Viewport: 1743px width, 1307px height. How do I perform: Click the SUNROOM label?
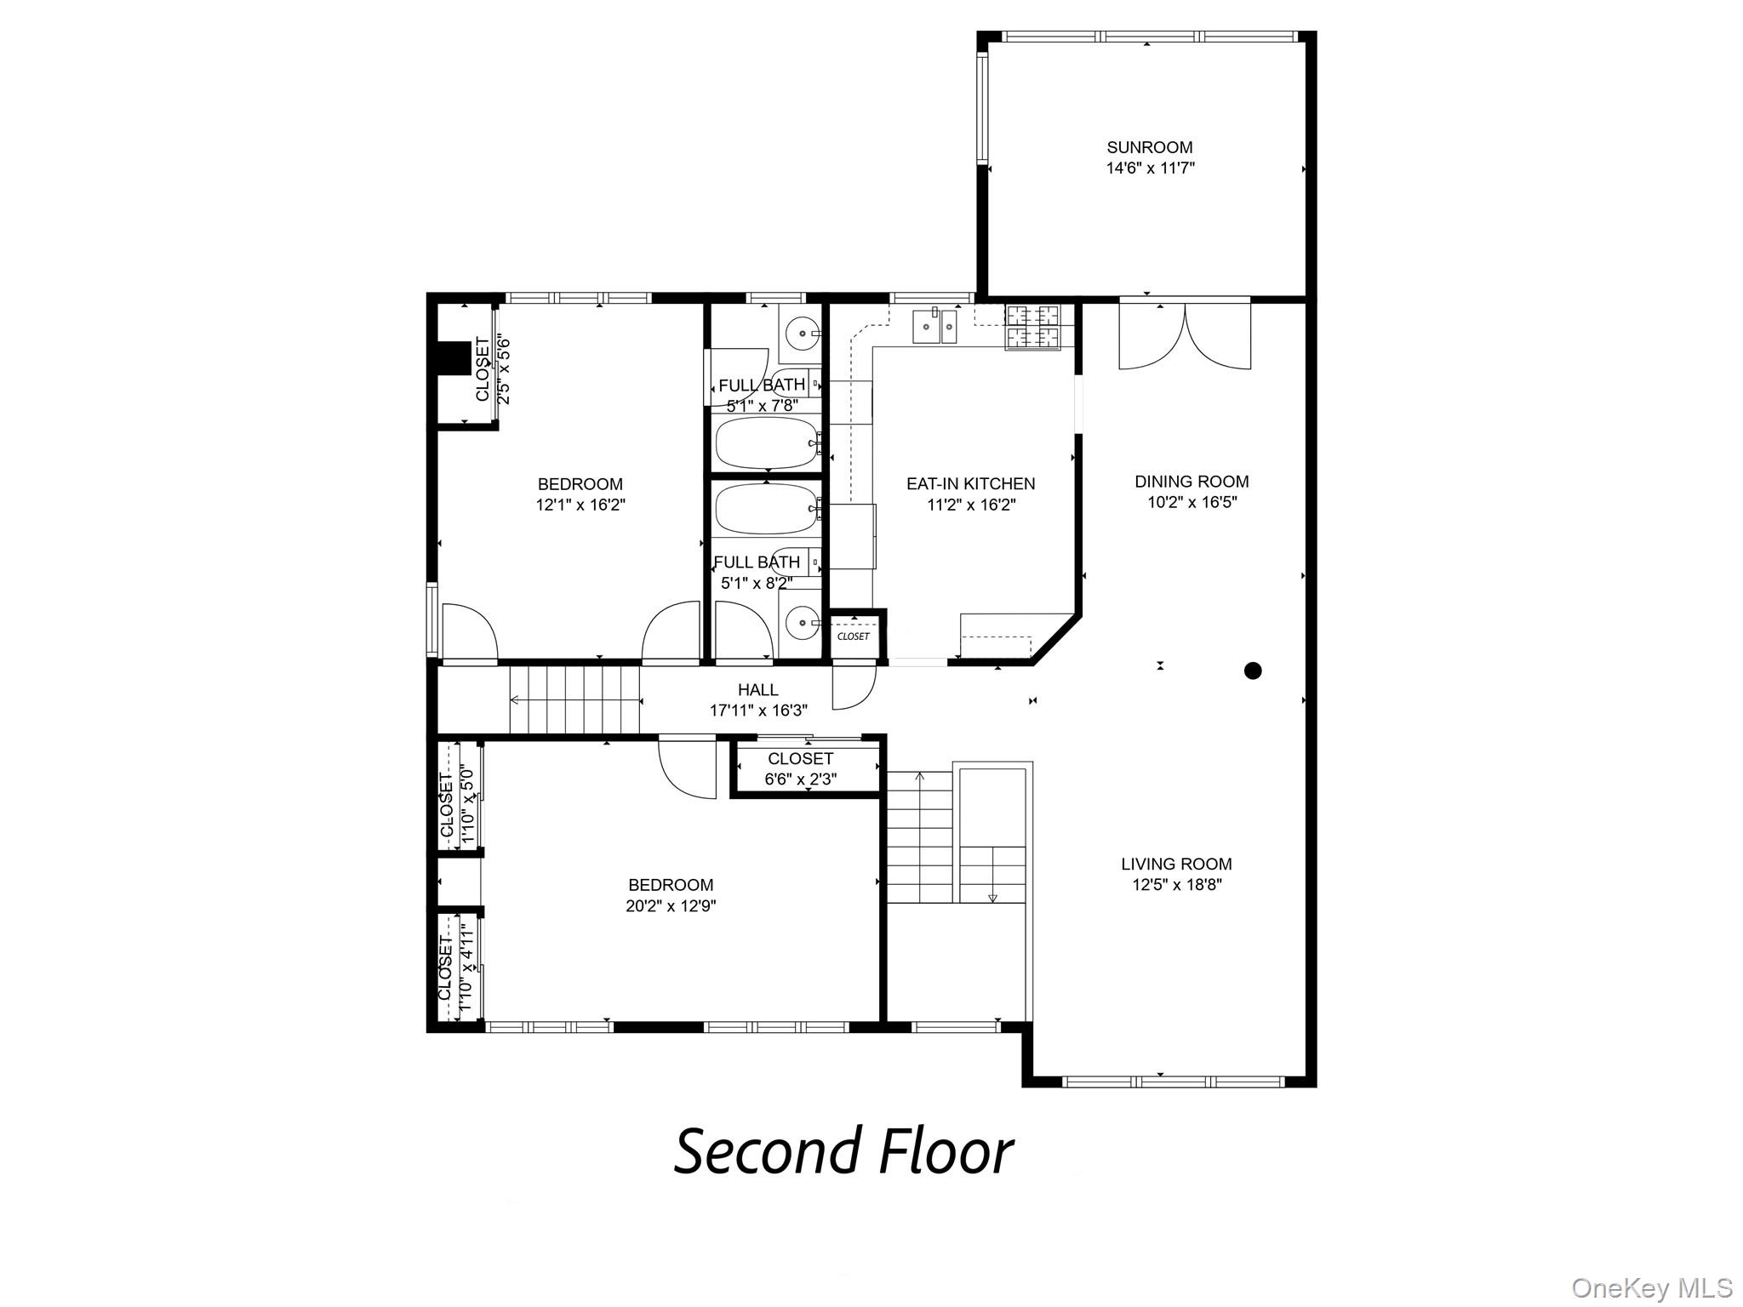tap(1149, 147)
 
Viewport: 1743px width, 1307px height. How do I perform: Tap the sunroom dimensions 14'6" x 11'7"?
tap(1150, 168)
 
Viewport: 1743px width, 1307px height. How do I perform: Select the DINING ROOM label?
tap(1192, 482)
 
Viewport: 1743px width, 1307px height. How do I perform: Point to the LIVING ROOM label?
tap(1176, 864)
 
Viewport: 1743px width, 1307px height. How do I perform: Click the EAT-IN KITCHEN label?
tap(970, 483)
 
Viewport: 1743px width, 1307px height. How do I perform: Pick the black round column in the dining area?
tap(1252, 671)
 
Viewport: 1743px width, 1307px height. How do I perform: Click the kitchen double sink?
tap(934, 326)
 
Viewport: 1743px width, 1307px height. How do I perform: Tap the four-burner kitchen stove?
tap(1033, 328)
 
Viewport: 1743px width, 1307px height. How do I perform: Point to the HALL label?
tap(757, 689)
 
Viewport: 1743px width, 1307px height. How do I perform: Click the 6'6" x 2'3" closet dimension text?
tap(800, 779)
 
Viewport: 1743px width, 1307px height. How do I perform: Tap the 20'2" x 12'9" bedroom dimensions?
tap(671, 906)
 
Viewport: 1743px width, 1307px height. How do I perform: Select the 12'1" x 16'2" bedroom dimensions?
tap(580, 505)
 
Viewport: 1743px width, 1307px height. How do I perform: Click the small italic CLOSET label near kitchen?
tap(854, 636)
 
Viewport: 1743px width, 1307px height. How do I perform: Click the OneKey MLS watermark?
tap(1651, 1287)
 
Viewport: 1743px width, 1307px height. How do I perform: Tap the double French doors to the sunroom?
tap(1185, 336)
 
